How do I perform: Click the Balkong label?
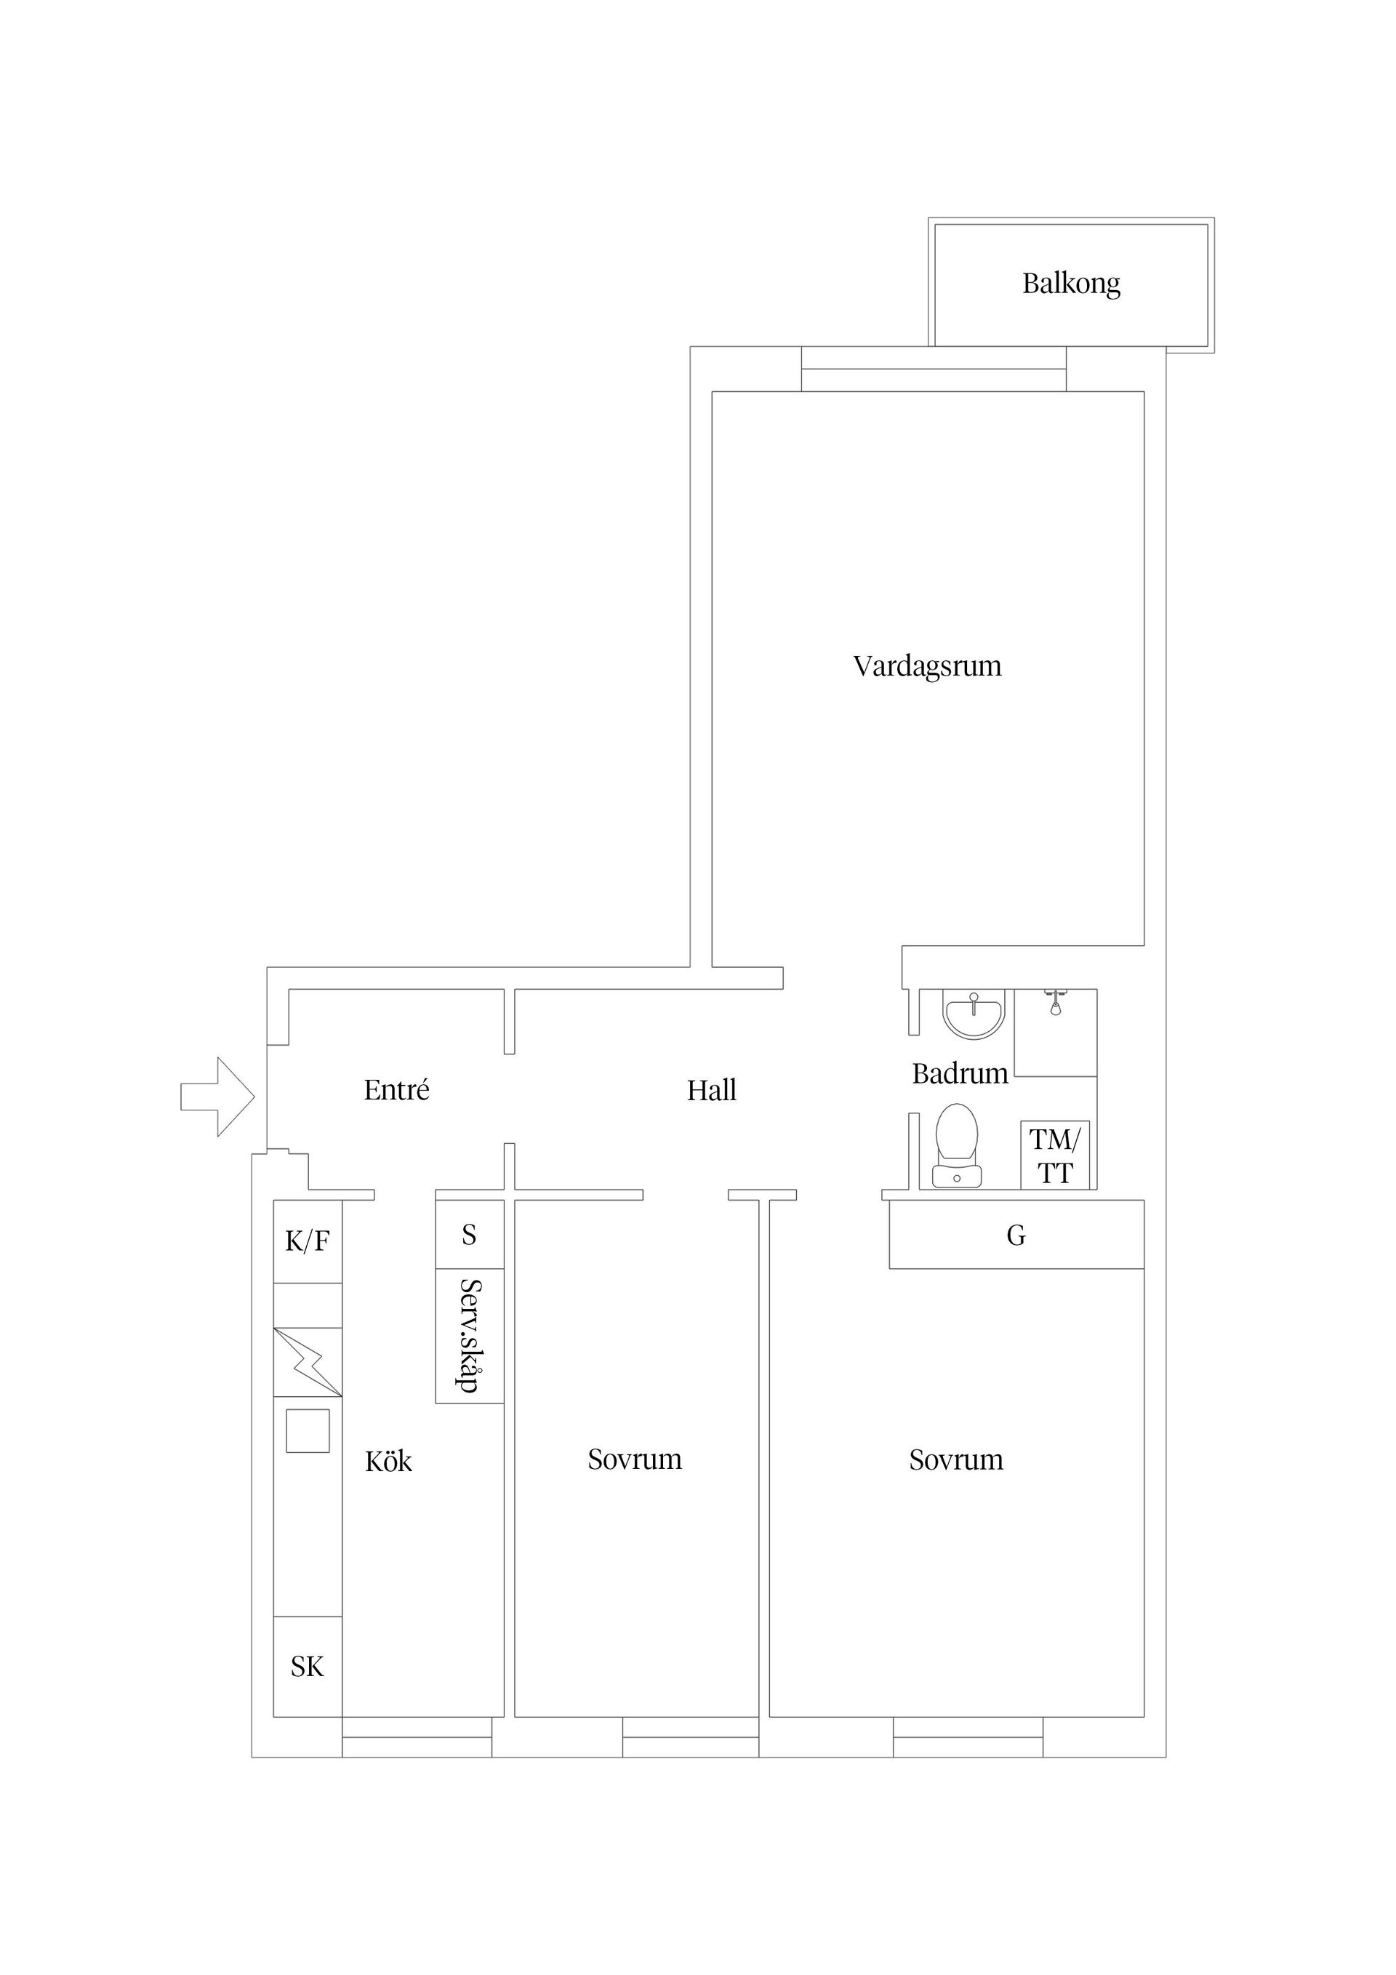coord(1070,283)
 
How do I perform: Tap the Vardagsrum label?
coord(926,666)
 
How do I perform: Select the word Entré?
coord(396,1090)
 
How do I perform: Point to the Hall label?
coord(711,1091)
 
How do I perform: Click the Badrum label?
coord(959,1073)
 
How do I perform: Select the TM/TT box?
coord(1054,1155)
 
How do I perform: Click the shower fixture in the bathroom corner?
coord(1054,1003)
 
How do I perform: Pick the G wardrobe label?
coord(1016,1235)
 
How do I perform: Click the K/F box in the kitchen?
coord(307,1241)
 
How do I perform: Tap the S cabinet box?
coord(469,1235)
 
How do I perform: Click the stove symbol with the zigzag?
coord(307,1363)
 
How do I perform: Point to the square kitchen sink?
coord(307,1431)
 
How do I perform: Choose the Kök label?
coord(388,1462)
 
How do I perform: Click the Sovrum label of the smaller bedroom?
coord(635,1459)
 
